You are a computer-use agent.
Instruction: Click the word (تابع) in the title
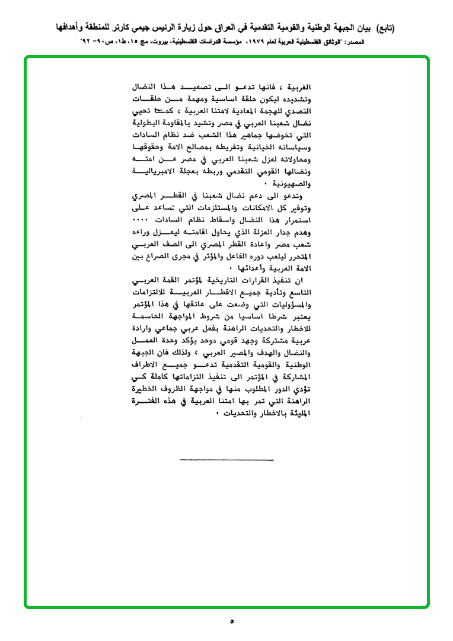point(383,28)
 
